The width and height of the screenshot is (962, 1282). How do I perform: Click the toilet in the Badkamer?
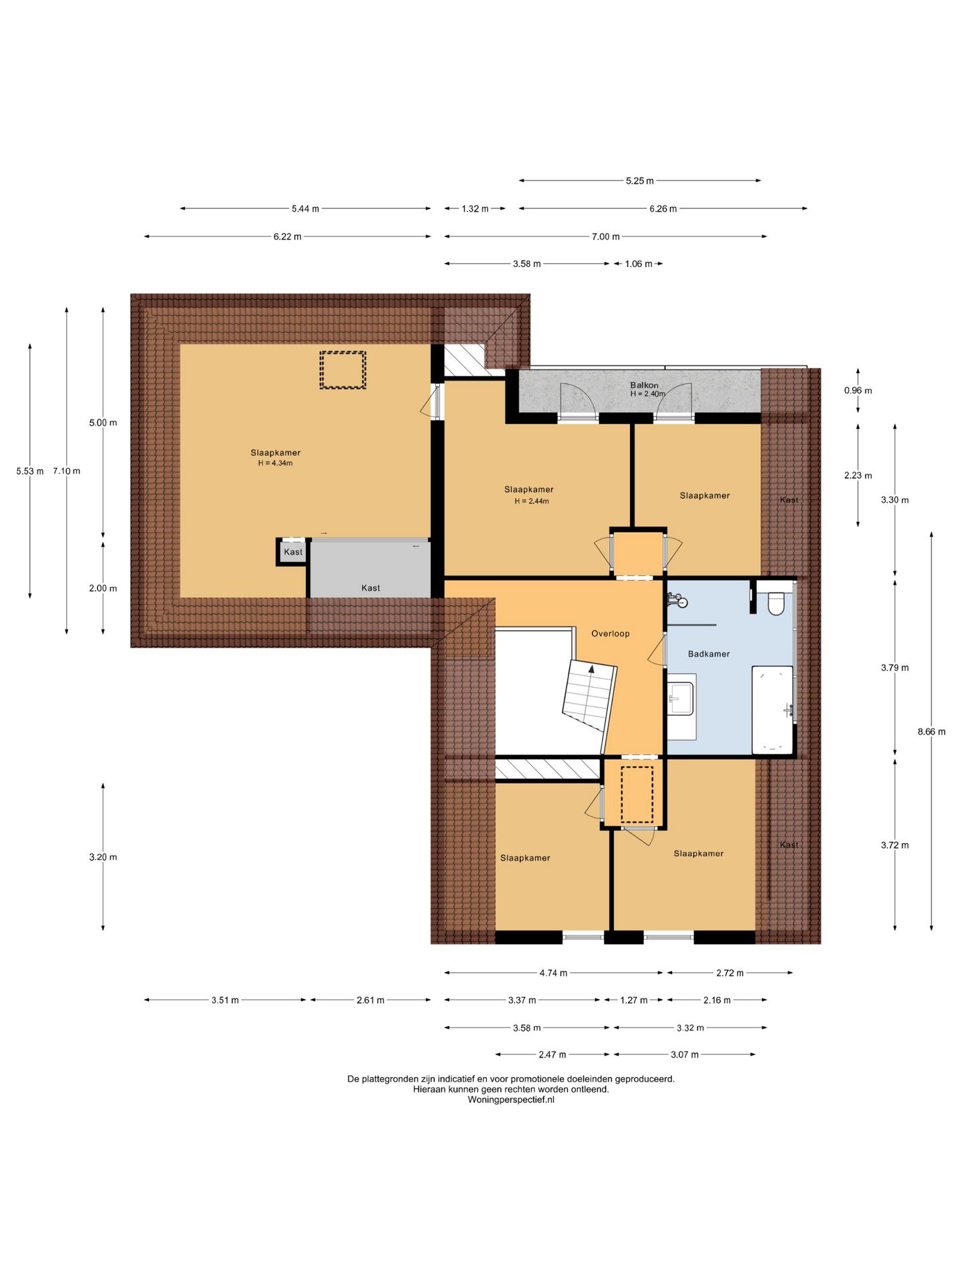(776, 603)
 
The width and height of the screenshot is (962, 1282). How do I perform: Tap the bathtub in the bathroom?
(773, 710)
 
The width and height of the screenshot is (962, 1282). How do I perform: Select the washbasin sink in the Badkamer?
(681, 698)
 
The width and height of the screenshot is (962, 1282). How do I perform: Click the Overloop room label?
(610, 634)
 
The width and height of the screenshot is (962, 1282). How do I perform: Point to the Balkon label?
(644, 385)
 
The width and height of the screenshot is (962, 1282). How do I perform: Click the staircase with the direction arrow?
(589, 696)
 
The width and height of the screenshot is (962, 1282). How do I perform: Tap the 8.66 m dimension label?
(931, 732)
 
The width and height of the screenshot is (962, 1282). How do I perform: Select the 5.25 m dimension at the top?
(639, 181)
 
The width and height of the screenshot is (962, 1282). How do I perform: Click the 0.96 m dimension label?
(858, 391)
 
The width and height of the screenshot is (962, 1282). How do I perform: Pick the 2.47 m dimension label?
(552, 1055)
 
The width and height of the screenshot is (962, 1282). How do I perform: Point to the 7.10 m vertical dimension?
(67, 471)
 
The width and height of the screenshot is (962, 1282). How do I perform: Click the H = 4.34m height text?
(275, 463)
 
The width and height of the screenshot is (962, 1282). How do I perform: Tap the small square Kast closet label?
(293, 552)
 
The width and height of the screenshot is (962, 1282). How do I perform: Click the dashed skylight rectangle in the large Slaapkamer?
(343, 370)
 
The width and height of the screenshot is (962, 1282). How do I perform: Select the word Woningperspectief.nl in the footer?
(511, 1100)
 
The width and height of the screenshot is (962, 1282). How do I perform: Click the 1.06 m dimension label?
(639, 264)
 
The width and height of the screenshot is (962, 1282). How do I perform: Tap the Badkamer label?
(709, 654)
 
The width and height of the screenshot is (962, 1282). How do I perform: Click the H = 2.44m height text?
(532, 501)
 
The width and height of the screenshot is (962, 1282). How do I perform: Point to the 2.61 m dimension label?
(370, 1000)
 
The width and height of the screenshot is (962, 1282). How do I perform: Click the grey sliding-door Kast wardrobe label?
(371, 588)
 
